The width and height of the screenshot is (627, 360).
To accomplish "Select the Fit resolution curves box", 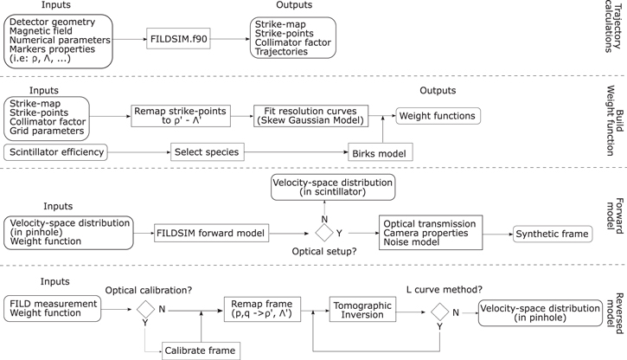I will [310, 116].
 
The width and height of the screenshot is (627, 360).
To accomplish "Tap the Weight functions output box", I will [437, 116].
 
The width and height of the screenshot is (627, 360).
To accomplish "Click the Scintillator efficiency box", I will [59, 152].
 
